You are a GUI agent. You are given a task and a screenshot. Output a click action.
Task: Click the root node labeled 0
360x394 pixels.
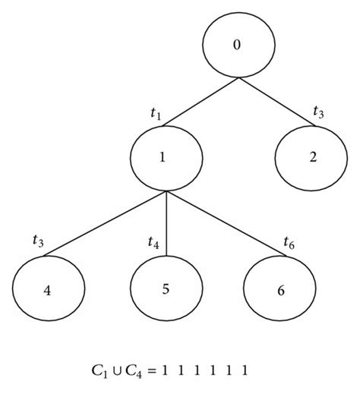pos(237,46)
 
